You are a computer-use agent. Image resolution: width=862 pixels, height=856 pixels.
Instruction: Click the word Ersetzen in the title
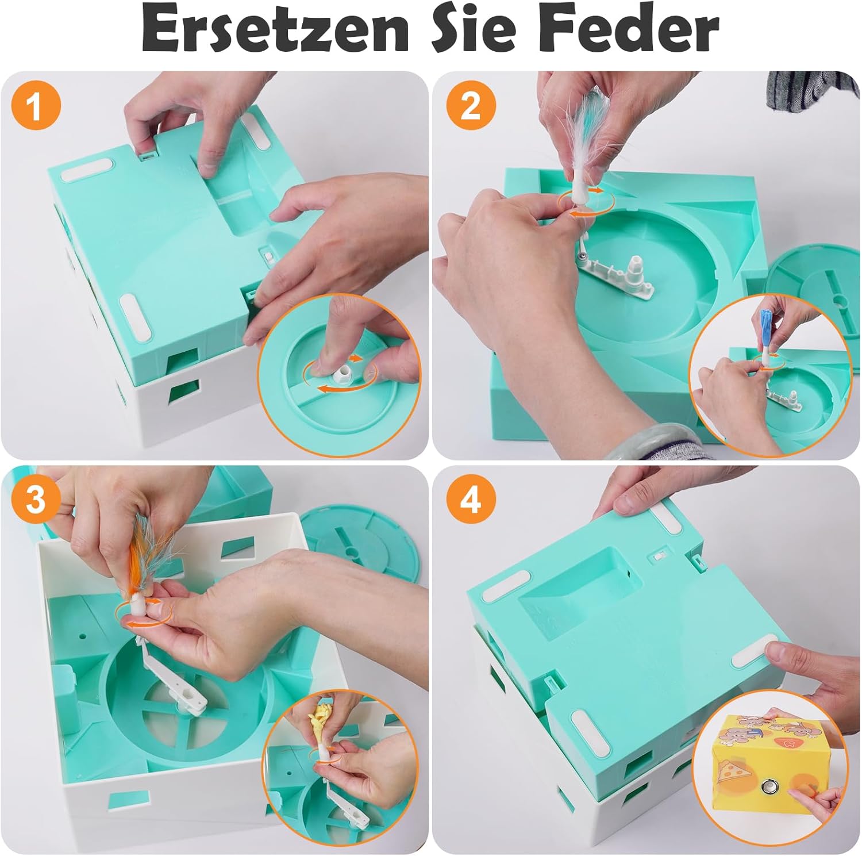point(275,30)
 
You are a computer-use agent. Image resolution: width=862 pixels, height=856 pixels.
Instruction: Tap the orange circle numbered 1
point(35,106)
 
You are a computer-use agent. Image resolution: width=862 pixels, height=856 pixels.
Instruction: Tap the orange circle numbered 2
point(470,106)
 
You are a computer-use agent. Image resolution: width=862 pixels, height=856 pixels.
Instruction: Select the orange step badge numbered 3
point(35,499)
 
